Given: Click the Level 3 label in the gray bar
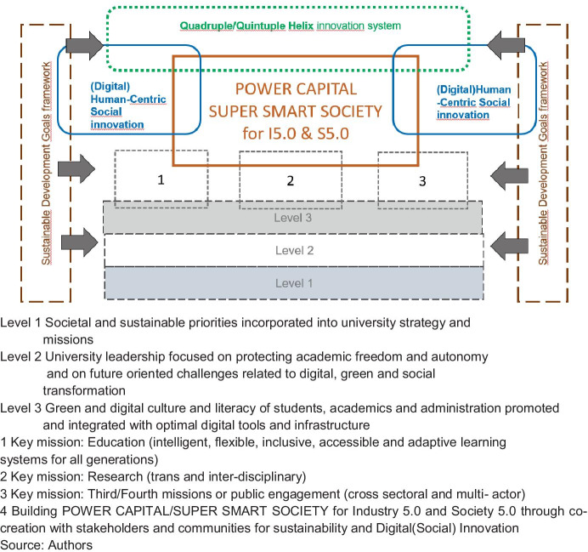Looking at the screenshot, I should click(x=293, y=217).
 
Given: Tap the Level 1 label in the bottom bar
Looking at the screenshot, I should click(x=293, y=282).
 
